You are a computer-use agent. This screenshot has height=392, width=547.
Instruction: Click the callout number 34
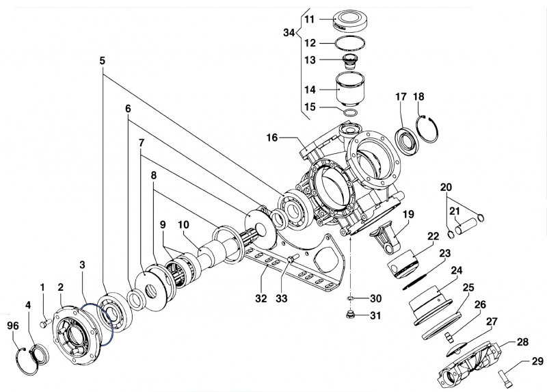tap(289, 33)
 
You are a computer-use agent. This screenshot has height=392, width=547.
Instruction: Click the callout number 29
tap(537, 362)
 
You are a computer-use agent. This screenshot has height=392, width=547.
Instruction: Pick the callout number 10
tap(184, 225)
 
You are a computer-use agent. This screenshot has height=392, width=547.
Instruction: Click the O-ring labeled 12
tap(351, 44)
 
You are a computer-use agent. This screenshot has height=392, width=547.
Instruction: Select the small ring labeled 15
tap(350, 112)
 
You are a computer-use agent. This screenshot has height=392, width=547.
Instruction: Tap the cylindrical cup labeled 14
tap(351, 89)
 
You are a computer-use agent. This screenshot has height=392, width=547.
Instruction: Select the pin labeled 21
tap(468, 223)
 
